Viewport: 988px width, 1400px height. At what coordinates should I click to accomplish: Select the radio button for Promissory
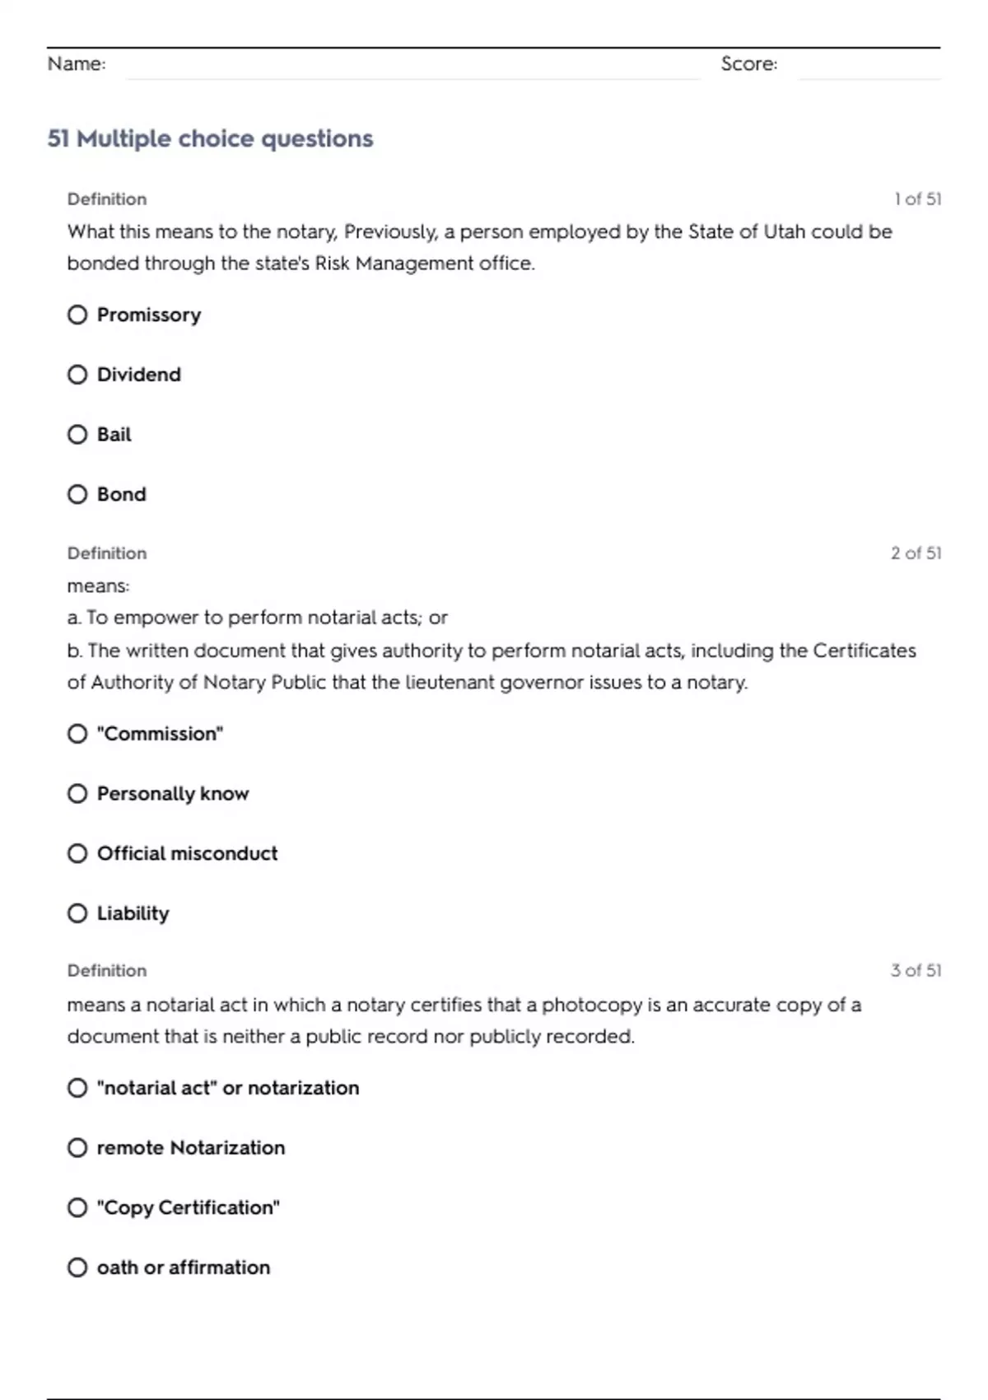click(77, 315)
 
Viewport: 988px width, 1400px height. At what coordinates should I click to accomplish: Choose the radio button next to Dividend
click(77, 375)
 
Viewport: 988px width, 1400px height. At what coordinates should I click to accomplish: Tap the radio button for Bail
click(77, 434)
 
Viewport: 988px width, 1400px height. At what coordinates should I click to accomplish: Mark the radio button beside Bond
click(77, 494)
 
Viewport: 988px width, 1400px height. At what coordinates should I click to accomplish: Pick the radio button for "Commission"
click(77, 734)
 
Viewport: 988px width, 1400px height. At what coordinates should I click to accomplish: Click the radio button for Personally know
click(77, 793)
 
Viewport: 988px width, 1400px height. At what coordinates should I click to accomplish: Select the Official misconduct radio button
click(77, 853)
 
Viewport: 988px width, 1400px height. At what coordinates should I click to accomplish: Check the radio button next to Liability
click(77, 913)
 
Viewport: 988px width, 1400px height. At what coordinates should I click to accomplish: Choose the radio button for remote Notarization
click(77, 1148)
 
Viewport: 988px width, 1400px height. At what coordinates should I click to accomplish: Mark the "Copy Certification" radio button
click(77, 1207)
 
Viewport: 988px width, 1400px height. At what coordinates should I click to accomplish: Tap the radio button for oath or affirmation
click(77, 1267)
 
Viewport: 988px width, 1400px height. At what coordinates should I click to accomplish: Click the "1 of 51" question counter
click(917, 199)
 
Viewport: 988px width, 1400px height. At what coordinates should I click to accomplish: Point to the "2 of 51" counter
click(916, 553)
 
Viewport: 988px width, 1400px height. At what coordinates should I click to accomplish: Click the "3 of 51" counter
click(916, 971)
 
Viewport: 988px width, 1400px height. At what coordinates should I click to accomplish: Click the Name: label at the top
click(77, 63)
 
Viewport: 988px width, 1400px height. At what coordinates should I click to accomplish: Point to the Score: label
click(748, 63)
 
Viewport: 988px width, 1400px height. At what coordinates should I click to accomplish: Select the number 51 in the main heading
click(58, 138)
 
